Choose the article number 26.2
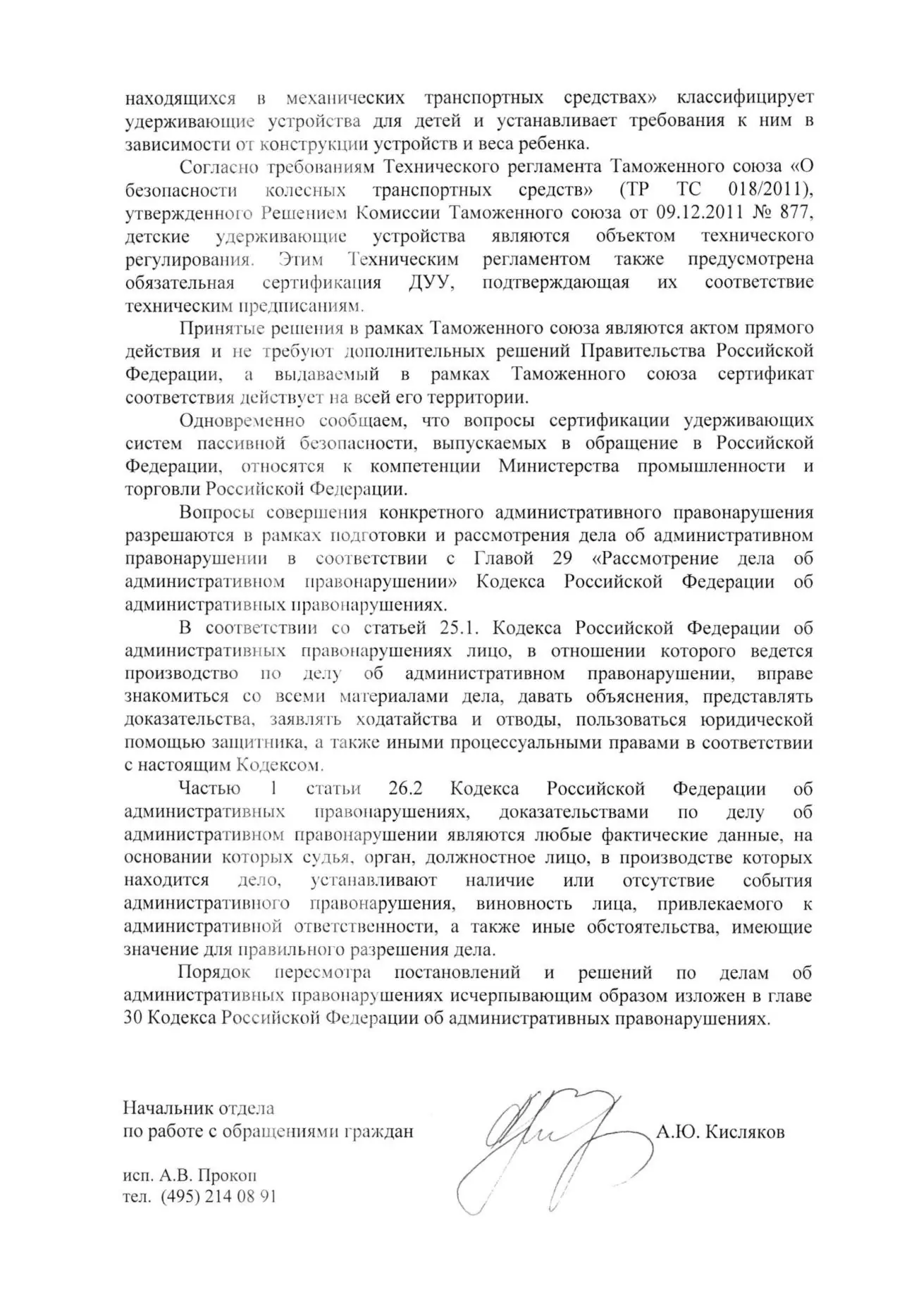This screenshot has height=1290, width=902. tap(409, 789)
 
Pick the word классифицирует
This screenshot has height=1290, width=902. tap(745, 97)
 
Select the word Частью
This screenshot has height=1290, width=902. tap(209, 789)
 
